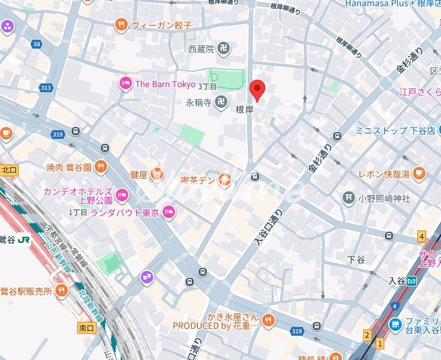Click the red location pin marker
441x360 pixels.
click(x=257, y=90)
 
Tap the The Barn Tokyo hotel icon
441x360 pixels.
click(x=125, y=84)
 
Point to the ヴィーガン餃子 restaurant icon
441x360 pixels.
click(x=121, y=25)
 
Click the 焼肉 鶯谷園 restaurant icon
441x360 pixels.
click(x=101, y=167)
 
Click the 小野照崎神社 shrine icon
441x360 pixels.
click(x=348, y=198)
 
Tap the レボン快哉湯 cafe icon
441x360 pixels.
click(x=418, y=173)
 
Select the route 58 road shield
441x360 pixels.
click(x=37, y=44)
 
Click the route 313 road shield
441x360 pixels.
click(x=45, y=87)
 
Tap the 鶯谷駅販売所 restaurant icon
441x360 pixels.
click(x=61, y=290)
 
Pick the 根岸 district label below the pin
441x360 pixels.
click(x=244, y=109)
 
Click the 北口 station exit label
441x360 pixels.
click(x=9, y=169)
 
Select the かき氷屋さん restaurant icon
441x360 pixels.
click(x=268, y=320)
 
